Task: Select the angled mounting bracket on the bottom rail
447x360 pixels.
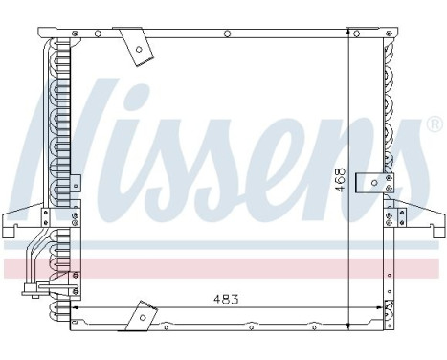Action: (142, 315)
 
